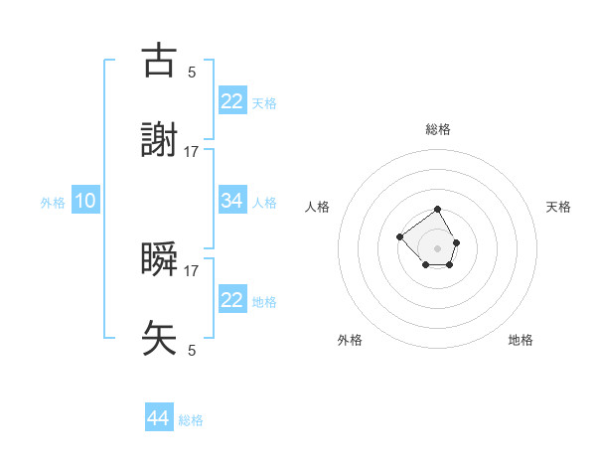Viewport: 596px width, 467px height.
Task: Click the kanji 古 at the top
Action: [x=160, y=62]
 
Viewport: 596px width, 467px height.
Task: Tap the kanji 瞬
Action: [x=160, y=258]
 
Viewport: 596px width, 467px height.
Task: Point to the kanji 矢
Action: [x=160, y=338]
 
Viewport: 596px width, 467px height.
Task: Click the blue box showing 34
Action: [x=232, y=201]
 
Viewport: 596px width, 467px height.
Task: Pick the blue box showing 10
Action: [x=85, y=201]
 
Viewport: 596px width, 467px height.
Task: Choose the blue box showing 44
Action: [x=159, y=418]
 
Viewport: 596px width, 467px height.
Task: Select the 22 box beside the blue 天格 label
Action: [x=232, y=100]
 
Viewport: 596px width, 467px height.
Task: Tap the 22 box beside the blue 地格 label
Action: [x=232, y=300]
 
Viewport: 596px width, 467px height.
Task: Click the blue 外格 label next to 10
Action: [x=53, y=203]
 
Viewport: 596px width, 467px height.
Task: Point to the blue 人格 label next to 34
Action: [x=264, y=203]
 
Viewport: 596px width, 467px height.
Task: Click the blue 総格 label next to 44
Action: [x=191, y=420]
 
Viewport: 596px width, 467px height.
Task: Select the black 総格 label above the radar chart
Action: [x=438, y=129]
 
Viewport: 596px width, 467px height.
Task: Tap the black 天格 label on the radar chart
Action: [x=559, y=207]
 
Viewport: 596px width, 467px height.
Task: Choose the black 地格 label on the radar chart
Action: [x=521, y=340]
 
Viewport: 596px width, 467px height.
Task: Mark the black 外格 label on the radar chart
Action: [x=350, y=340]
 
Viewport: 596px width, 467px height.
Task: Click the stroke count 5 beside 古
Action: [x=192, y=72]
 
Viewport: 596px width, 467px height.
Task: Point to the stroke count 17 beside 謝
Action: [x=192, y=151]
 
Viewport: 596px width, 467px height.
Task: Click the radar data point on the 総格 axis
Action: [x=438, y=211]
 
